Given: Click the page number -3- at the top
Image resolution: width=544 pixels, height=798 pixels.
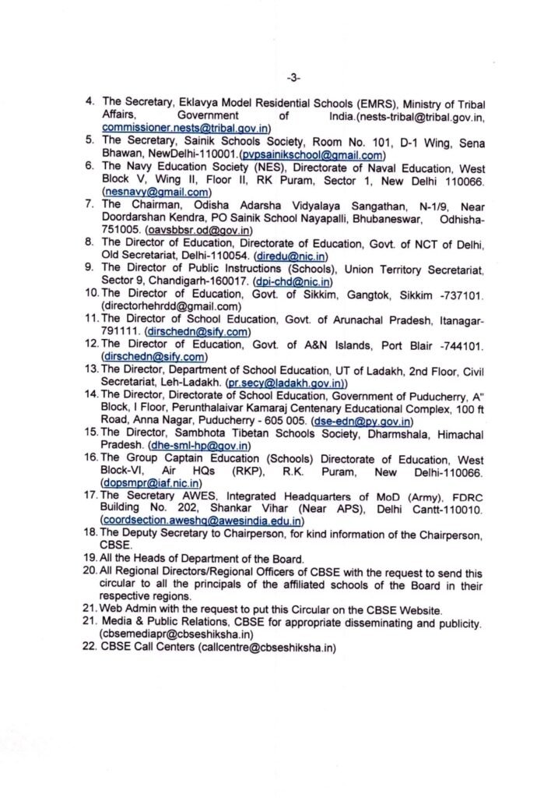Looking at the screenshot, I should (293, 77).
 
